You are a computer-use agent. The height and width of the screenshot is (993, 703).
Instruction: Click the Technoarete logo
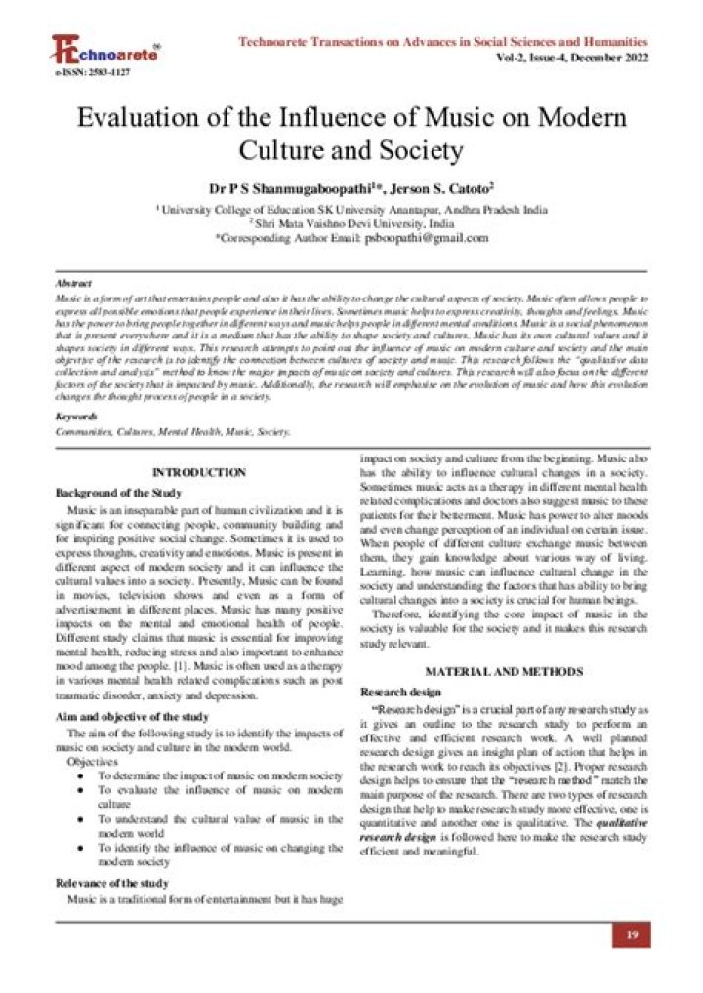[105, 51]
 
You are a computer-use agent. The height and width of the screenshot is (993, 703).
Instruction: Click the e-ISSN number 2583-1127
[86, 73]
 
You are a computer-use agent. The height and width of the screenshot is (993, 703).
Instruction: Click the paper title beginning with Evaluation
[351, 135]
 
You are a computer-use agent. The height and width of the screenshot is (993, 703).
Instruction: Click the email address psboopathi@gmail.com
[426, 237]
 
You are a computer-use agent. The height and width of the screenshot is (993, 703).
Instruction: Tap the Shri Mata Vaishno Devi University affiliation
[351, 222]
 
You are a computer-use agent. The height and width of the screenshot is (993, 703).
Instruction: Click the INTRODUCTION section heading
[199, 472]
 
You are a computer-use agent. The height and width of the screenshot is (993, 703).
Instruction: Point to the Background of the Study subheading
[118, 493]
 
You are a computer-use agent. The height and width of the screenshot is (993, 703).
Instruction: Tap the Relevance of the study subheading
[111, 883]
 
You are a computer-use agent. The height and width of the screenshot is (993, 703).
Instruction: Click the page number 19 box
[631, 935]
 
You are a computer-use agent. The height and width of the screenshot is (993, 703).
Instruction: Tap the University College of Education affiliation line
[351, 209]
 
